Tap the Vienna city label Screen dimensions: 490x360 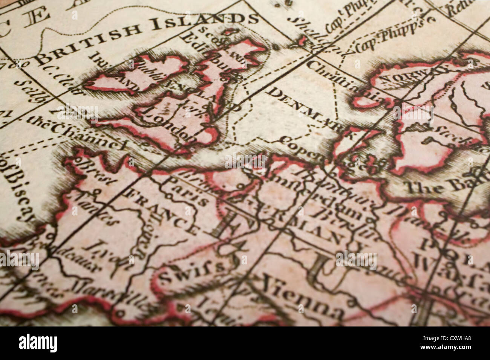tap(302, 297)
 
